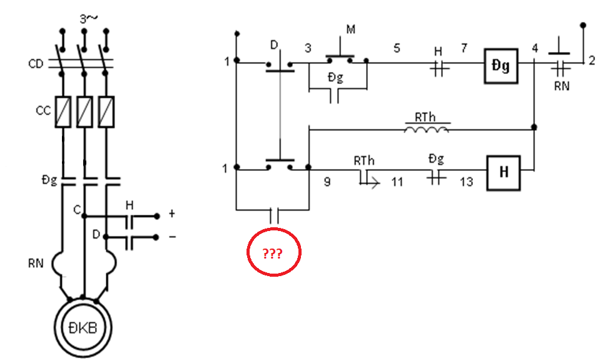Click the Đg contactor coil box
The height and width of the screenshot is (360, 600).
(x=501, y=66)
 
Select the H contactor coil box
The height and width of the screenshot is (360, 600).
(x=503, y=173)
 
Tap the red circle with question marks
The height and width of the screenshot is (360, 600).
(x=273, y=252)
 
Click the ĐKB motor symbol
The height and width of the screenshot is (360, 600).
(x=83, y=327)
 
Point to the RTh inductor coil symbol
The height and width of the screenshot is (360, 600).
(x=426, y=129)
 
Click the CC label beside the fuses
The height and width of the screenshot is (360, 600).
(x=43, y=111)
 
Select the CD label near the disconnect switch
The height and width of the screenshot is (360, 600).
(x=36, y=64)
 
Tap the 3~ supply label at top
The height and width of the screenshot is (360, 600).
(x=88, y=18)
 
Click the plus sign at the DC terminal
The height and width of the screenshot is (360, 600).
(x=172, y=213)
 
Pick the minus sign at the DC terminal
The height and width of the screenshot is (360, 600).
(x=172, y=237)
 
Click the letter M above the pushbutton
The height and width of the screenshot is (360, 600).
(x=350, y=29)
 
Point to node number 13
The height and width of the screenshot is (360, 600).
(x=467, y=182)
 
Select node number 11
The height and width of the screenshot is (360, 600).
(x=397, y=182)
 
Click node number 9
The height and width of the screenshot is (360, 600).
(x=327, y=182)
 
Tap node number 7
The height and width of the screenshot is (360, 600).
(x=464, y=48)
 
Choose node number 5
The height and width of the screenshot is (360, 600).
(x=397, y=48)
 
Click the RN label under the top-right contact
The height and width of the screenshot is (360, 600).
(x=562, y=86)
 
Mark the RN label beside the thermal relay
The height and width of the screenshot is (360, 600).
(x=36, y=263)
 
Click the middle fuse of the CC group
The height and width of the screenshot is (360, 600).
(x=84, y=111)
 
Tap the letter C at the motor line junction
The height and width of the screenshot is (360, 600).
(x=77, y=210)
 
